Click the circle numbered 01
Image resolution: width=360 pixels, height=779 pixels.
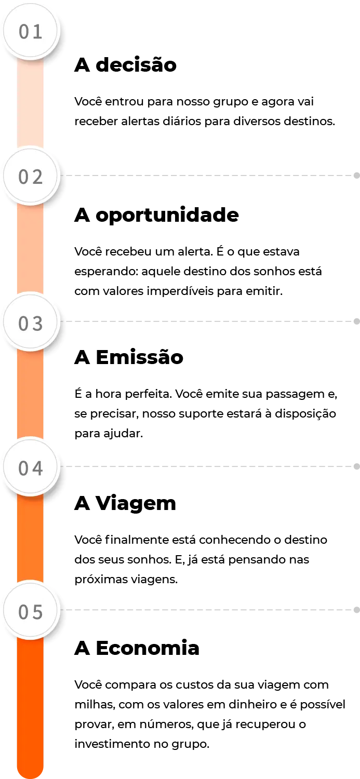point(31,32)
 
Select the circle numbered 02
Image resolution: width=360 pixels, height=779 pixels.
point(31,177)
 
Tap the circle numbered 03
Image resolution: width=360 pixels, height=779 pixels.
point(31,323)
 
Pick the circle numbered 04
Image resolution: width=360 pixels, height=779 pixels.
point(31,468)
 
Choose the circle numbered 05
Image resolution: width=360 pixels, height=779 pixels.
point(31,611)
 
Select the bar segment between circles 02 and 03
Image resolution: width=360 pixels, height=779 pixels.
point(31,249)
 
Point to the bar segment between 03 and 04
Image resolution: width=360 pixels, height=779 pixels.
point(31,395)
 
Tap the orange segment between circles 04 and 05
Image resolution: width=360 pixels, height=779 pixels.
point(31,540)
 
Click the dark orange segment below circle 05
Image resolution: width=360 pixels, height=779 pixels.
point(31,701)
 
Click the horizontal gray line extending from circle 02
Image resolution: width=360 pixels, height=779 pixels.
point(208,177)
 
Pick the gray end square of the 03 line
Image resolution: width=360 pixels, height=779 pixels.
point(357,323)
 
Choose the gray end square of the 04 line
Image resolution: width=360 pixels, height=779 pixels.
point(357,467)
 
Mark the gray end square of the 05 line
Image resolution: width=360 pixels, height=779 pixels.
point(357,610)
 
